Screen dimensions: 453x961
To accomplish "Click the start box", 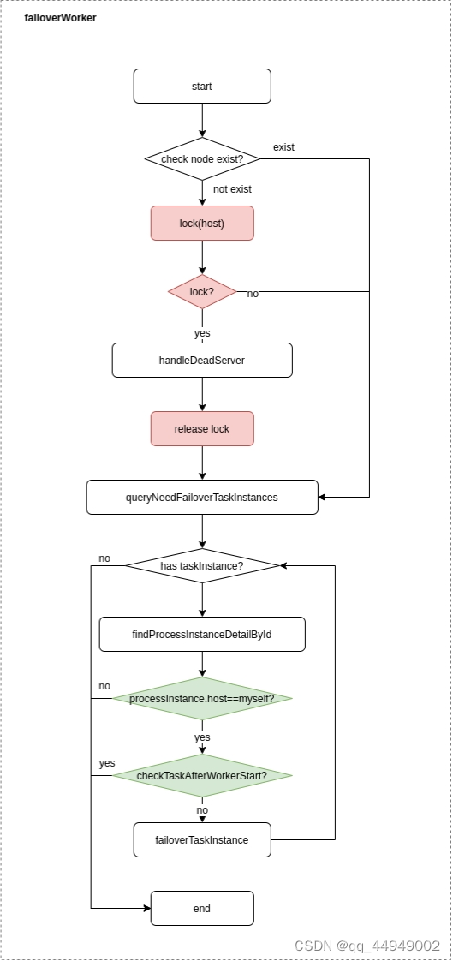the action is [x=202, y=86].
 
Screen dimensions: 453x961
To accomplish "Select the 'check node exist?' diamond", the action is [x=202, y=158].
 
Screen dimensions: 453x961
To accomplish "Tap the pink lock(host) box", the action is [x=202, y=223].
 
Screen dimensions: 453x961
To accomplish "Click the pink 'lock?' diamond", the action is [x=202, y=292].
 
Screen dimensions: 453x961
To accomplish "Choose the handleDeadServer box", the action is [x=202, y=361].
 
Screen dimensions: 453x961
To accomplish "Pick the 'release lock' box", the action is [x=202, y=428].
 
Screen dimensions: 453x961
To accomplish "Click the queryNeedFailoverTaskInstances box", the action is [x=202, y=497].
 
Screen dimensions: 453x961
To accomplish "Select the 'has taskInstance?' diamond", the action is [x=202, y=565].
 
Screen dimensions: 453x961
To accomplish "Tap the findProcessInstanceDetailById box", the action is [x=202, y=635].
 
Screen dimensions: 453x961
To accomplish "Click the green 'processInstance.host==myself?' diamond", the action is [x=202, y=699].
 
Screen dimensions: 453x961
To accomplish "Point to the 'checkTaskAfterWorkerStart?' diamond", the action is [x=202, y=775].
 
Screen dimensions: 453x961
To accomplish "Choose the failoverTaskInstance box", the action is [x=202, y=839].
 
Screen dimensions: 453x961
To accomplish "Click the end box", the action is [x=202, y=908].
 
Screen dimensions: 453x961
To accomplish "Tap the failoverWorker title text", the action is [x=60, y=18].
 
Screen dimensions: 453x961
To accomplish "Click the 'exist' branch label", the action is [x=283, y=147].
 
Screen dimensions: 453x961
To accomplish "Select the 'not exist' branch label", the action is [x=232, y=188].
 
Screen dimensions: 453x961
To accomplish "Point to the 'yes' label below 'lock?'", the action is [x=202, y=333].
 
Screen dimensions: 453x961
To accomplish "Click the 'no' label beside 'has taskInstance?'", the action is [x=104, y=558].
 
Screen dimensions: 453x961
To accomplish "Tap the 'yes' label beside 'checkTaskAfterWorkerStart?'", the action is [x=107, y=763].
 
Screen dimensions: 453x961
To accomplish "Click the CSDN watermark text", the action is [x=367, y=945].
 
